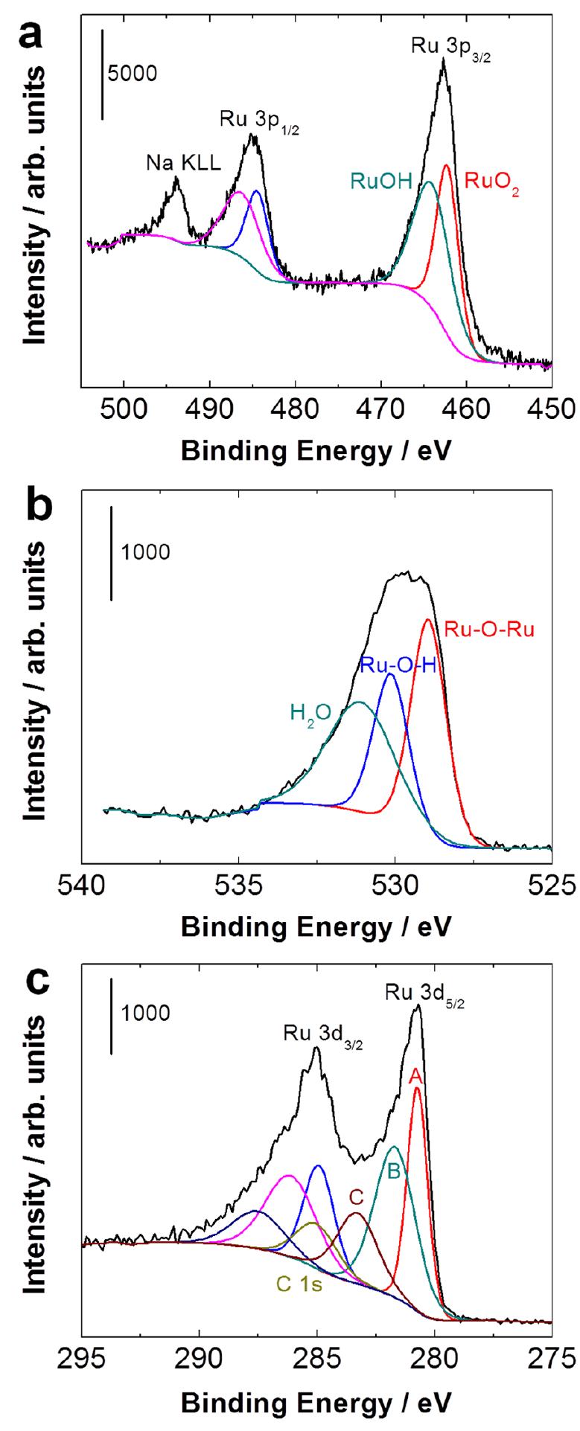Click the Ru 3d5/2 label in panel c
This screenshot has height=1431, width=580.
pos(417,993)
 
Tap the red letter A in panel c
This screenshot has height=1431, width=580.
pos(416,1076)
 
